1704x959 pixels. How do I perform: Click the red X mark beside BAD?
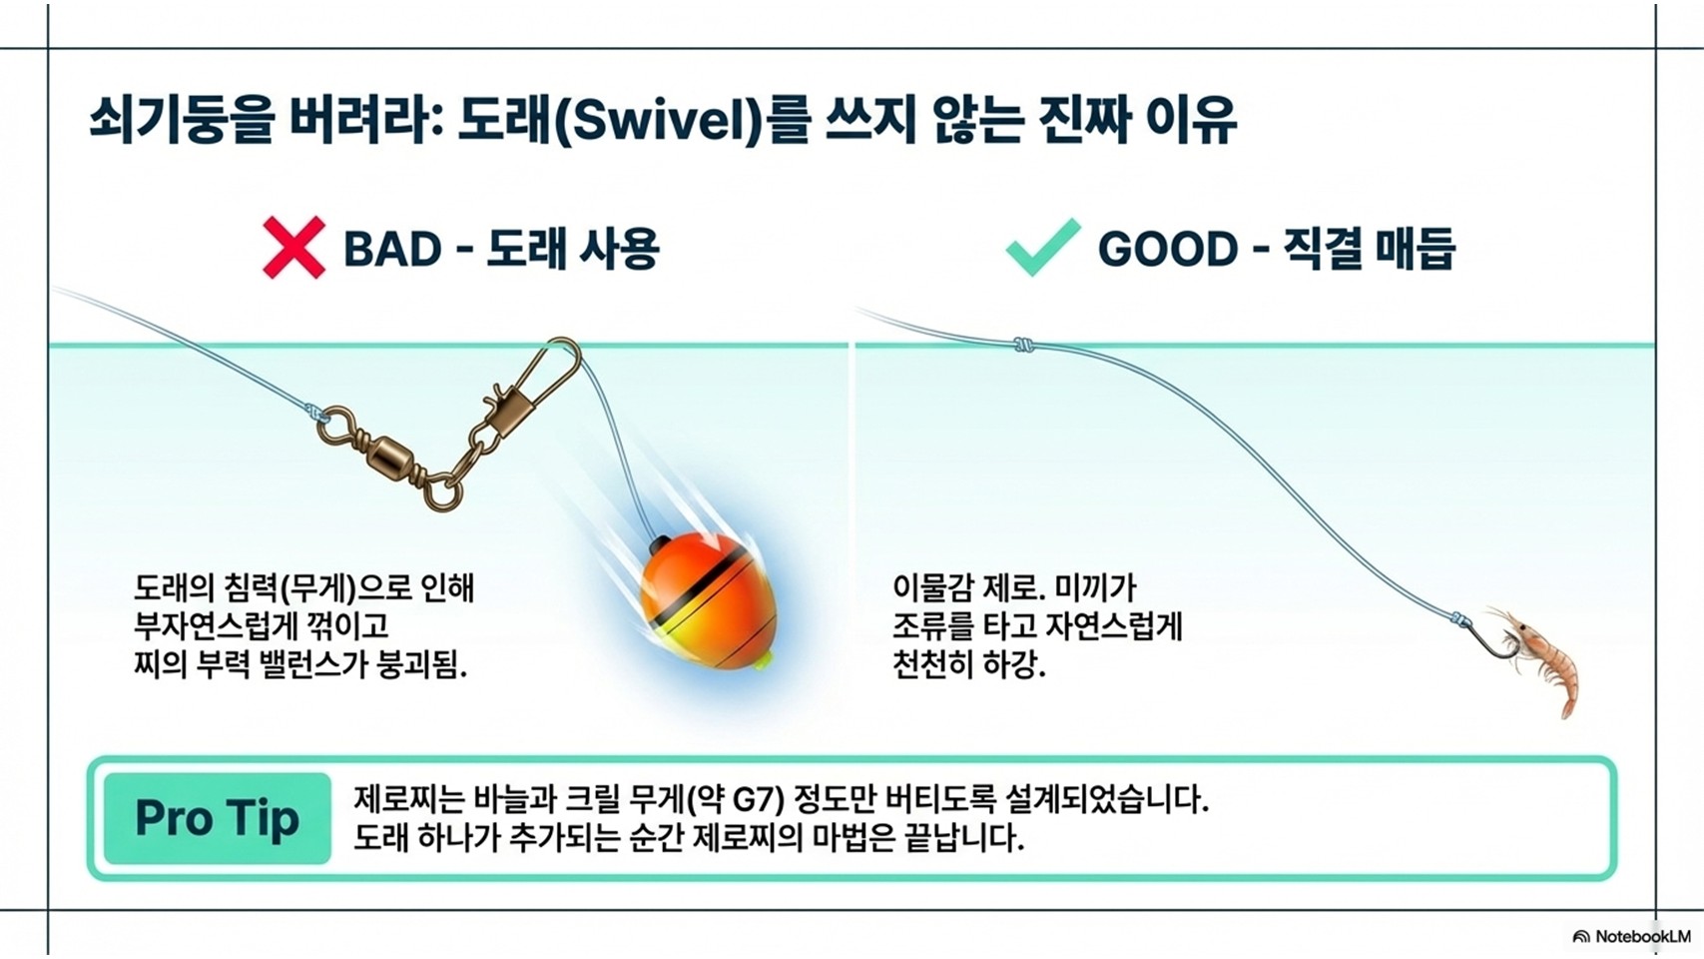tap(293, 248)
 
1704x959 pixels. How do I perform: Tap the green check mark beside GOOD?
tap(1042, 247)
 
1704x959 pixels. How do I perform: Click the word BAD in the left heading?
tap(392, 249)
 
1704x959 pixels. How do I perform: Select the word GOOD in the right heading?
tap(1169, 249)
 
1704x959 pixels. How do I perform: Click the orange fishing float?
tap(707, 601)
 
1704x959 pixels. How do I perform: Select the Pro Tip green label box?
tap(218, 818)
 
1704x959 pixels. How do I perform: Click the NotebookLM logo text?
tap(1642, 936)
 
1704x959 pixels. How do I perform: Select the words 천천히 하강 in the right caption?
tap(969, 665)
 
